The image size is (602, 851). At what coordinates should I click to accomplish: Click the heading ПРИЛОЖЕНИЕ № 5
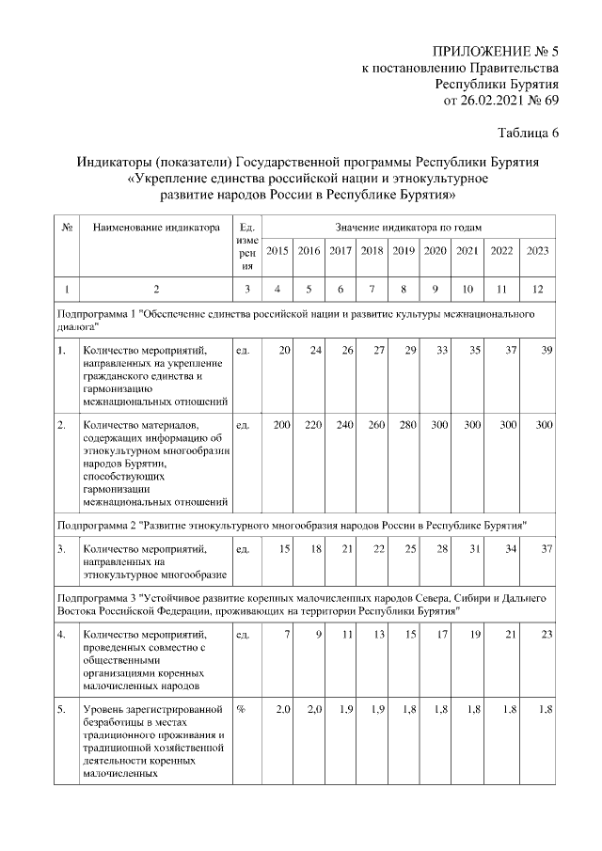coord(495,50)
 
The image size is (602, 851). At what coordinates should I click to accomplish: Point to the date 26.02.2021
coord(488,100)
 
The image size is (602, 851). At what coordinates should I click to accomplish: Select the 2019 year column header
coord(404,250)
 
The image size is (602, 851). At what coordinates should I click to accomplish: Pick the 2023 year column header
coord(537,250)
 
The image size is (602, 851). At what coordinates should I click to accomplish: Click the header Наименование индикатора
coord(156,227)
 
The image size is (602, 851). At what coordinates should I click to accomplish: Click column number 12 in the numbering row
coord(537,289)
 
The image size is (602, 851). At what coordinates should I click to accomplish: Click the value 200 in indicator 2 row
coord(280,426)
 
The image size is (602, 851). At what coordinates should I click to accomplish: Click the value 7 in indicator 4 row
coord(286,635)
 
